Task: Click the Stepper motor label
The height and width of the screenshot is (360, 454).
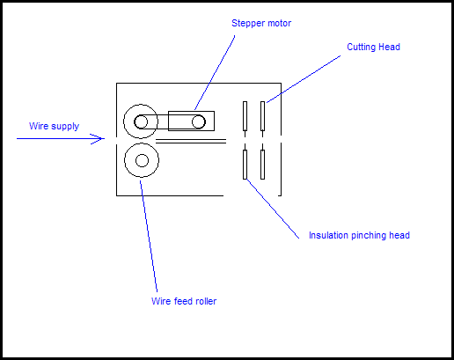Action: pos(261,24)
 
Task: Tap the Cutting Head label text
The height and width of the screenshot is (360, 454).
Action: pos(373,47)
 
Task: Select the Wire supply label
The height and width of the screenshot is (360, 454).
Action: pos(54,127)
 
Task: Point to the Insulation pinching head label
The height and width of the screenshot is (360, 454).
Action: pos(359,236)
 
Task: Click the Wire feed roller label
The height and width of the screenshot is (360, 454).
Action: pos(184,302)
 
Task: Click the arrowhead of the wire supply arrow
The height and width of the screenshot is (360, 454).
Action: pos(100,139)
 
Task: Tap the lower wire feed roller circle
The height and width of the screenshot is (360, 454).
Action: pos(142,160)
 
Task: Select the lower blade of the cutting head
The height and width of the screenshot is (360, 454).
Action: pos(262,165)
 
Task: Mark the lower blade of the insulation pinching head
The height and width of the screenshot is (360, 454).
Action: pos(245,165)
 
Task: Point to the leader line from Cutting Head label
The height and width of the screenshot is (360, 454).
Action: pos(304,78)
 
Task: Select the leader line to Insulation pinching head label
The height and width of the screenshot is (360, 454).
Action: pos(273,209)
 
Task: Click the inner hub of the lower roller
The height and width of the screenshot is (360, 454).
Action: pos(142,160)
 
